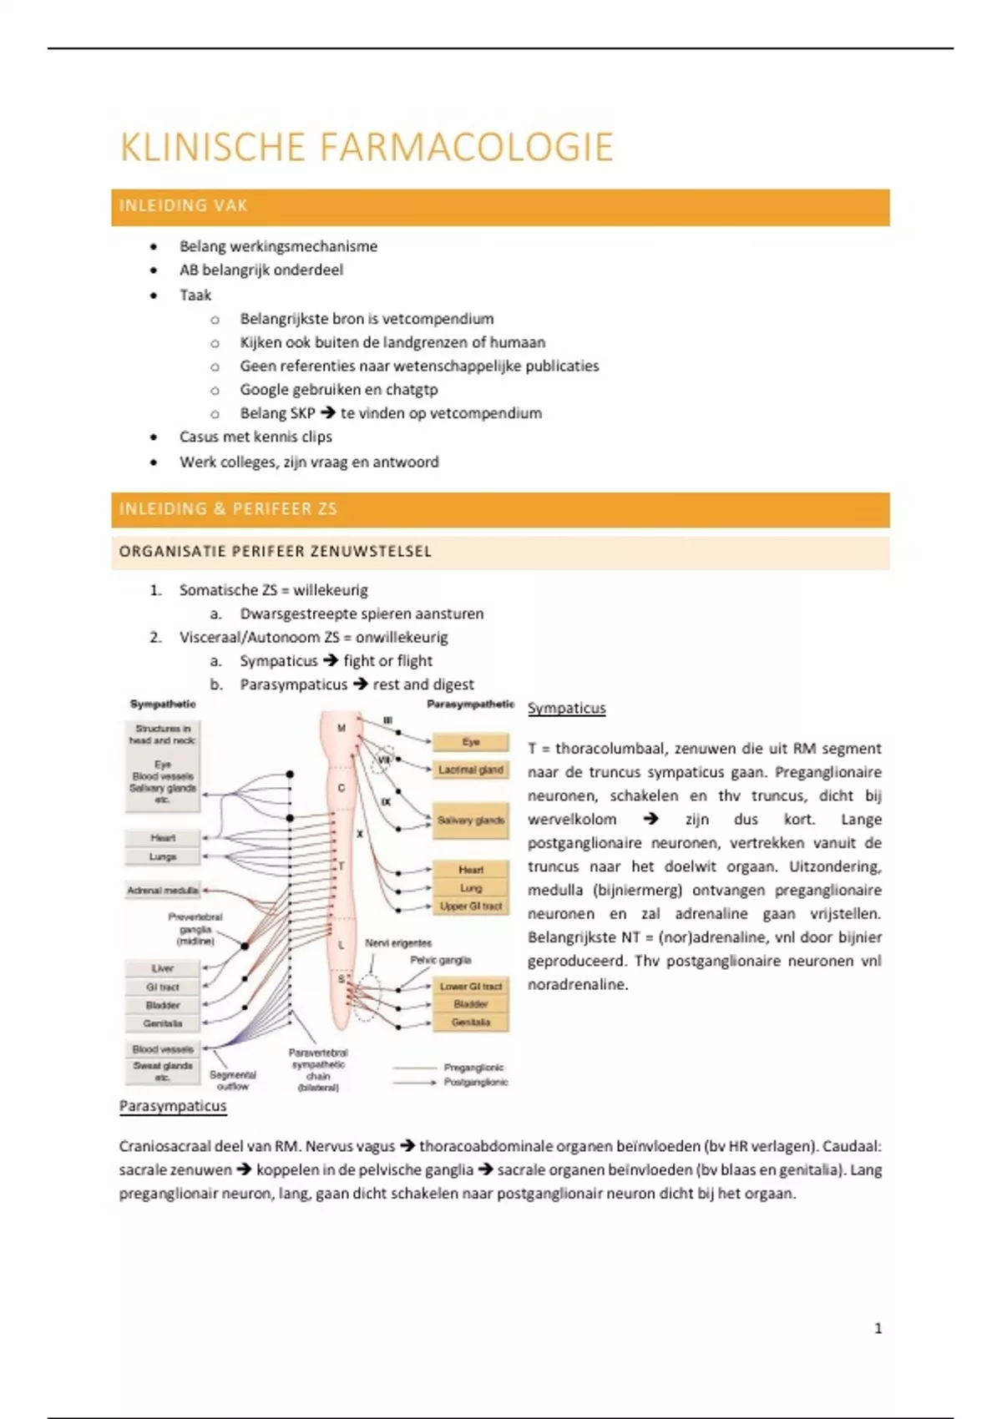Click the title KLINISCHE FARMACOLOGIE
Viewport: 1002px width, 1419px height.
[367, 148]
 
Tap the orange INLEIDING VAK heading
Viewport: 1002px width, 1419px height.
[184, 206]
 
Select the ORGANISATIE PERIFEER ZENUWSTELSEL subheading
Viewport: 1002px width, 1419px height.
[276, 552]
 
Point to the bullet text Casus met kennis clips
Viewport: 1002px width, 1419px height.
[256, 437]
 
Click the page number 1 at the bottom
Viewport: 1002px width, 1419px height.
[878, 1328]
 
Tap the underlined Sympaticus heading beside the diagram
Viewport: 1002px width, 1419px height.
[566, 709]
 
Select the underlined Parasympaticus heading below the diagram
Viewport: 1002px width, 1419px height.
[173, 1107]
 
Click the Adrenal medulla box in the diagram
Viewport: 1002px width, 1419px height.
[163, 891]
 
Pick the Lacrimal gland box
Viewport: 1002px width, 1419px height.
[471, 770]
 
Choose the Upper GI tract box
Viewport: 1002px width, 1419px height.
[471, 906]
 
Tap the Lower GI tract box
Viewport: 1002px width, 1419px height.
[471, 987]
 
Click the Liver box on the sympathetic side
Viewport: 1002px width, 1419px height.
[163, 968]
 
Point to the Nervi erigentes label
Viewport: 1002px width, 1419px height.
[398, 943]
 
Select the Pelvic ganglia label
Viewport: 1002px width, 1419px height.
[440, 961]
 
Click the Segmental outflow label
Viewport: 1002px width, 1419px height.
[232, 1081]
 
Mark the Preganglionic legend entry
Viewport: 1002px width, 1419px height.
[473, 1068]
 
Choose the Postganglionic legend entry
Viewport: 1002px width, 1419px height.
[475, 1083]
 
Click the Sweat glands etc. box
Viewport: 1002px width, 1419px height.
[163, 1072]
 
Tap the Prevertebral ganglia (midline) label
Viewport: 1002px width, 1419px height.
[195, 929]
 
